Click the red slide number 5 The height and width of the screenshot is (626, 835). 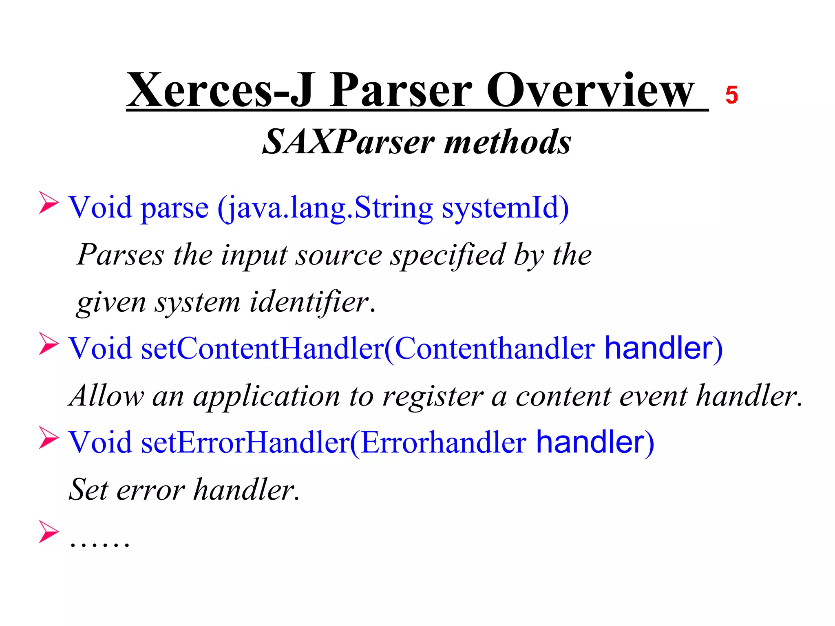pyautogui.click(x=731, y=95)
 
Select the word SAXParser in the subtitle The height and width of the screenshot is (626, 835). pyautogui.click(x=349, y=142)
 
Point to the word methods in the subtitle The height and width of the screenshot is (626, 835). pyautogui.click(x=508, y=142)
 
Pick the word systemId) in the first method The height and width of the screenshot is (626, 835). pyautogui.click(x=506, y=208)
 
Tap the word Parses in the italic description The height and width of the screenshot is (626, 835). pyautogui.click(x=120, y=255)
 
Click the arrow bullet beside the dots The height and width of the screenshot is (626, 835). pyautogui.click(x=49, y=531)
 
